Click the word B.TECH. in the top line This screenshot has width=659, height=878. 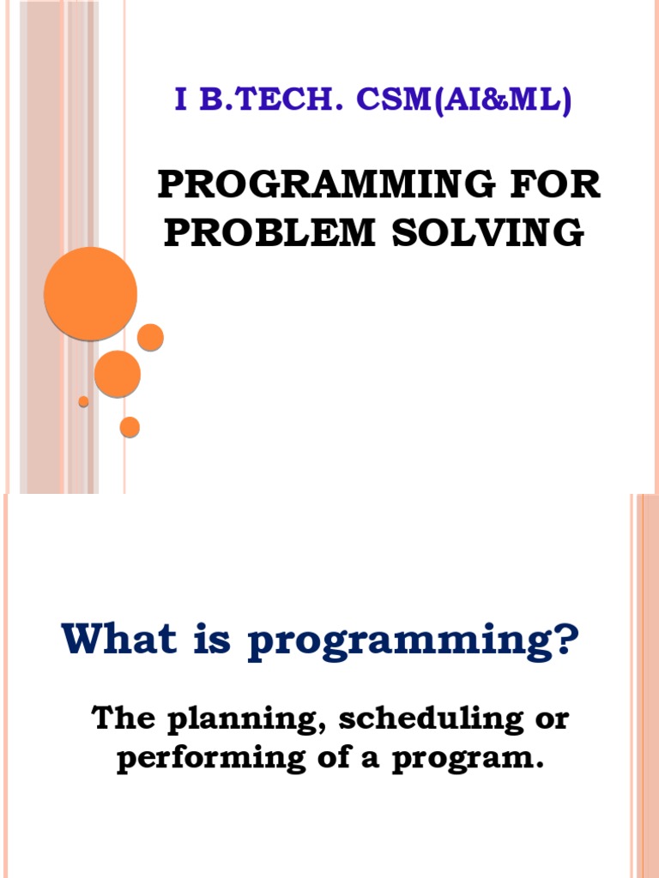click(266, 101)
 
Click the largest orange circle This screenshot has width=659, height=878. click(90, 293)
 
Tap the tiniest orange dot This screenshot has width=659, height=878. click(83, 401)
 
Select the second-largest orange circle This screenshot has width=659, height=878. click(117, 374)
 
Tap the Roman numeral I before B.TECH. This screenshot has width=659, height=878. click(180, 101)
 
